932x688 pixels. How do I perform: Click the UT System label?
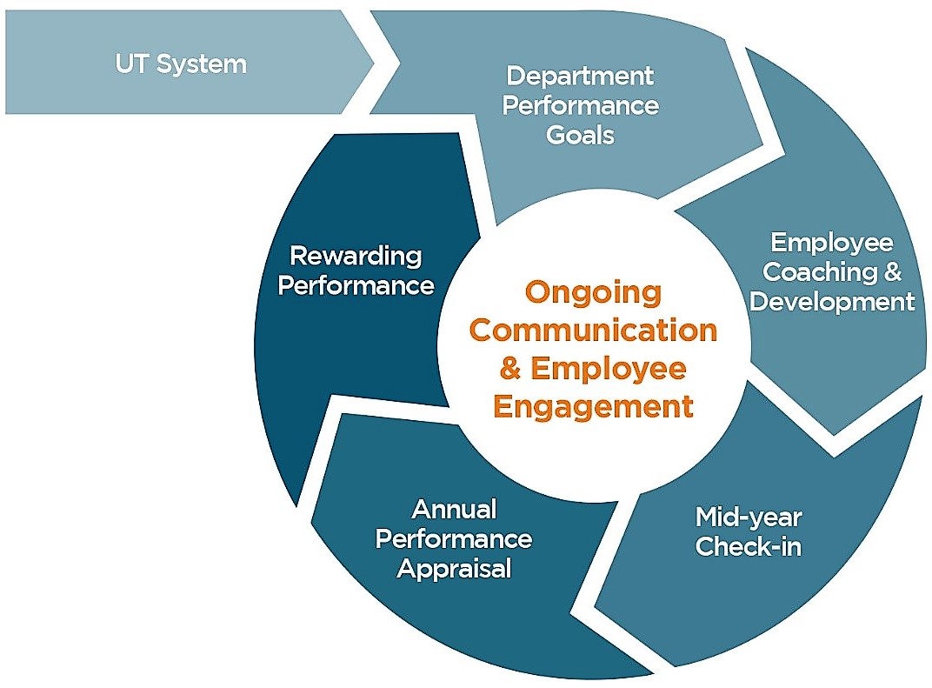[x=181, y=63]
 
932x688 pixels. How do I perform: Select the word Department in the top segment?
[x=580, y=76]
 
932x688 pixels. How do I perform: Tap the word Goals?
[x=580, y=135]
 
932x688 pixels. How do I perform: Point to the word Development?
[x=832, y=301]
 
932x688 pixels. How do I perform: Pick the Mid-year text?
[x=748, y=518]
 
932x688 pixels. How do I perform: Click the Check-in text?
[x=748, y=547]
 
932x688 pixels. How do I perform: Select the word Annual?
[x=453, y=509]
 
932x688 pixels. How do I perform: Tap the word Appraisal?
[x=453, y=568]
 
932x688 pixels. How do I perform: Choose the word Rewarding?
[x=356, y=256]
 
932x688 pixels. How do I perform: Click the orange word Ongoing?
[x=594, y=292]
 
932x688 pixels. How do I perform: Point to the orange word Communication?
[x=594, y=331]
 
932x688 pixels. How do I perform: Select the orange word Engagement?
[x=594, y=406]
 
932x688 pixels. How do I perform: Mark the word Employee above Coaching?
[x=832, y=242]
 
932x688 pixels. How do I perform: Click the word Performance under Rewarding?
[x=356, y=285]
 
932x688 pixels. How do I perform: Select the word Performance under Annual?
[x=453, y=538]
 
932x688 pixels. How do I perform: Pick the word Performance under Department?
[x=580, y=105]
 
